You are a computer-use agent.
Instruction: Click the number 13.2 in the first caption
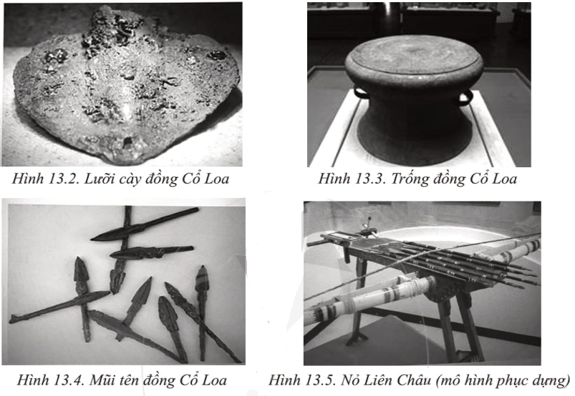pos(62,179)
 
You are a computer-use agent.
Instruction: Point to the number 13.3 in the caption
pos(368,179)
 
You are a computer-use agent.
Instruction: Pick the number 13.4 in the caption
pos(67,380)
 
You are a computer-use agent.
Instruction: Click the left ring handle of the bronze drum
pos(360,93)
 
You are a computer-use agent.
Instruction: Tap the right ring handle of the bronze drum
pos(465,98)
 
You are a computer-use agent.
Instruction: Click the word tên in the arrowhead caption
pos(130,380)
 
